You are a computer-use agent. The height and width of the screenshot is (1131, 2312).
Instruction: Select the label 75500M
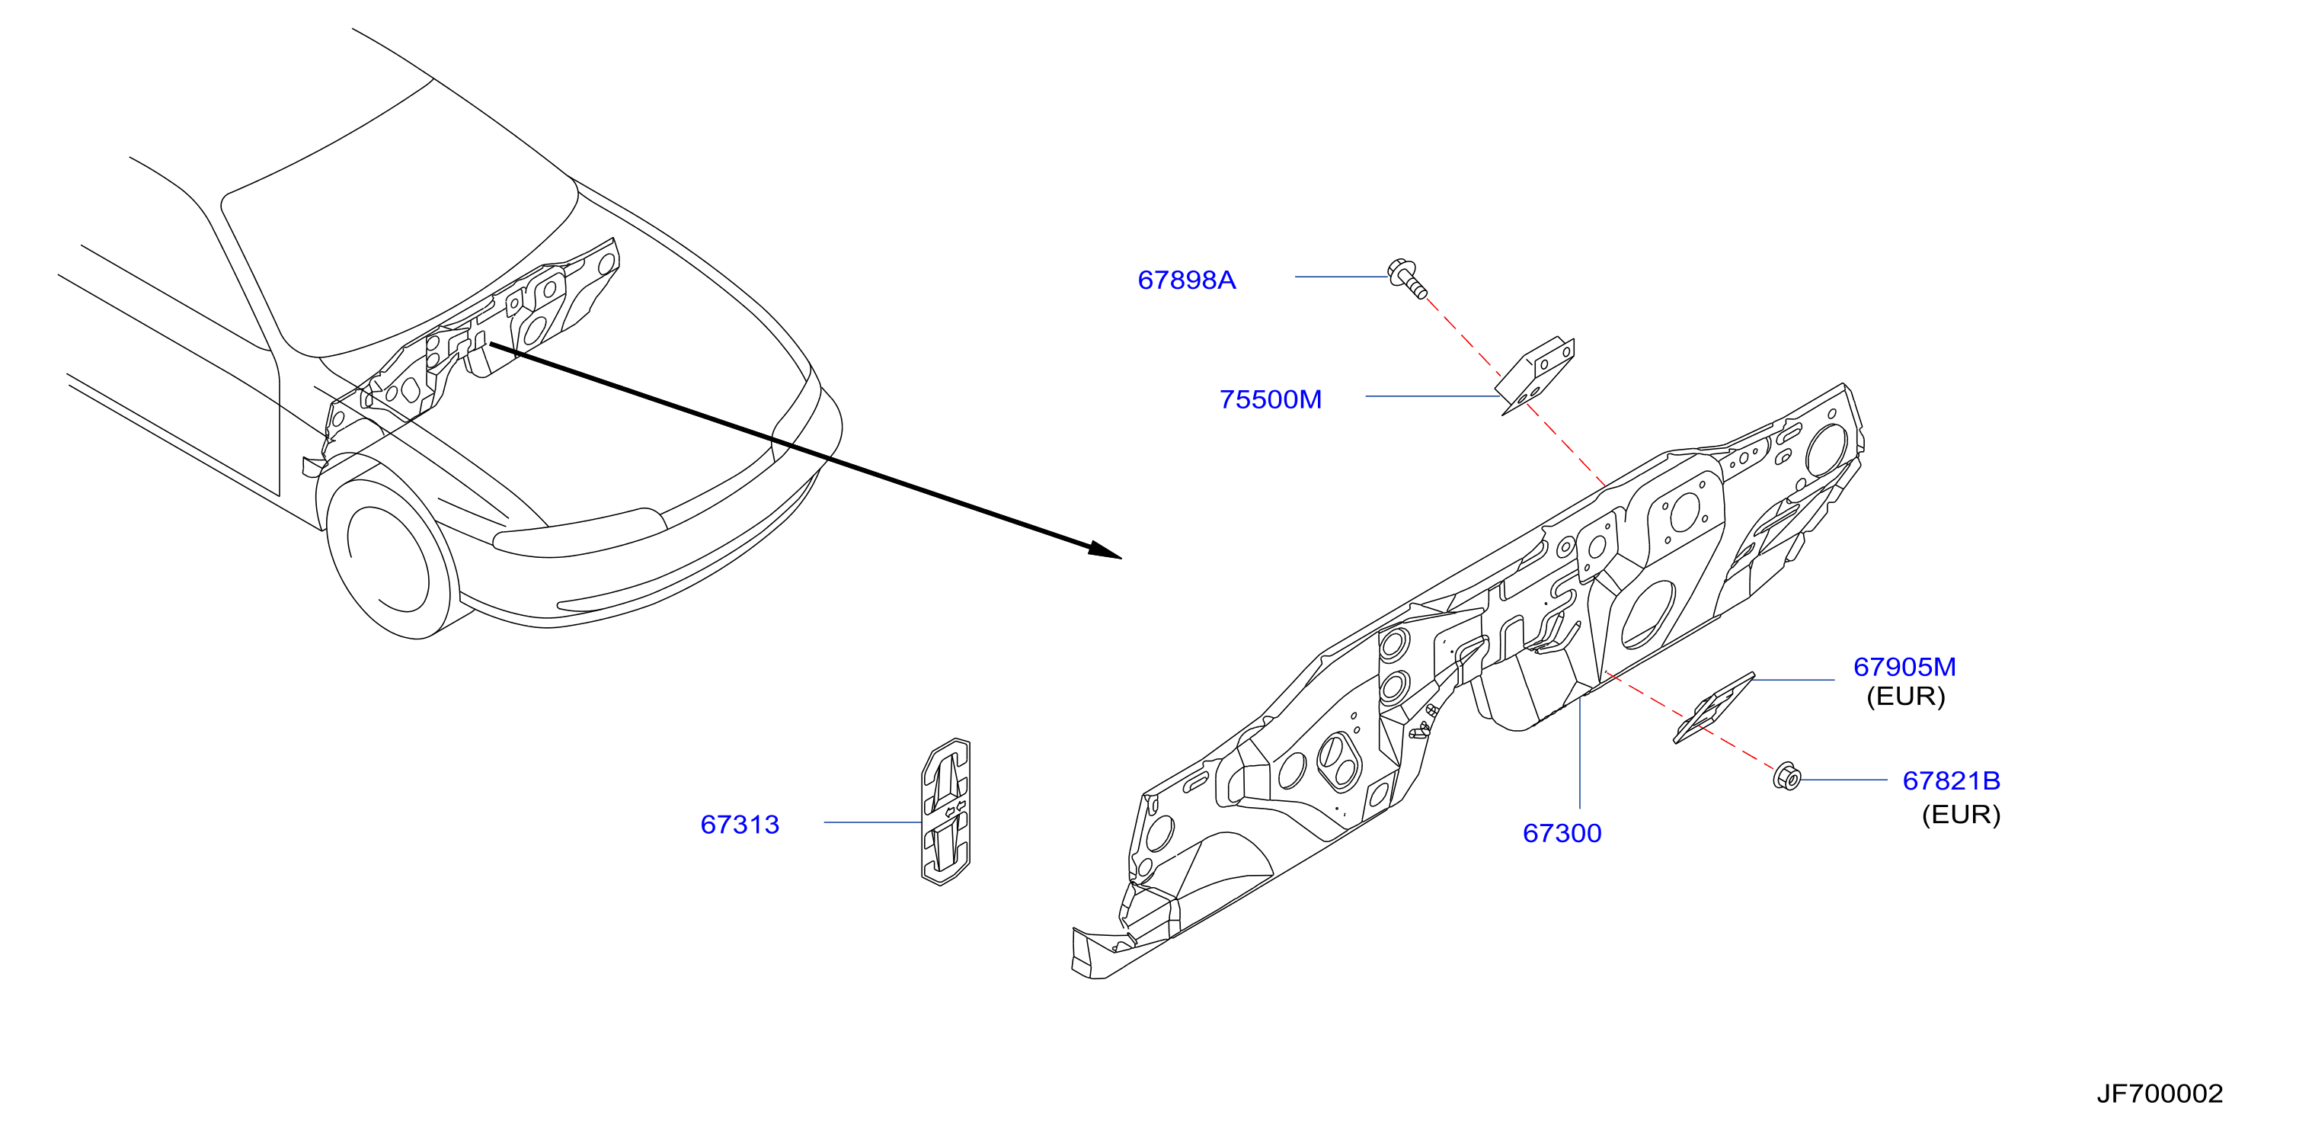point(1270,399)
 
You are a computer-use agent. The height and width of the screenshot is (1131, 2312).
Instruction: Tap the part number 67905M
point(1904,667)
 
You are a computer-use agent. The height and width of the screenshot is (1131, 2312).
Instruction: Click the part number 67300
point(1562,833)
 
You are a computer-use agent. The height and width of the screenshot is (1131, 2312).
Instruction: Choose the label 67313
point(740,824)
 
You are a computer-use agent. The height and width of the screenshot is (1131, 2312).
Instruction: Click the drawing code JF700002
point(2160,1094)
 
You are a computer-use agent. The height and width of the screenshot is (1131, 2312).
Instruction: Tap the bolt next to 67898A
point(1406,277)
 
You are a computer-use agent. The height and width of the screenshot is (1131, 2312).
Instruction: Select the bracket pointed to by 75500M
point(1536,374)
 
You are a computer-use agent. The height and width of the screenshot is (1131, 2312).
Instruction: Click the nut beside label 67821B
point(1786,777)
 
